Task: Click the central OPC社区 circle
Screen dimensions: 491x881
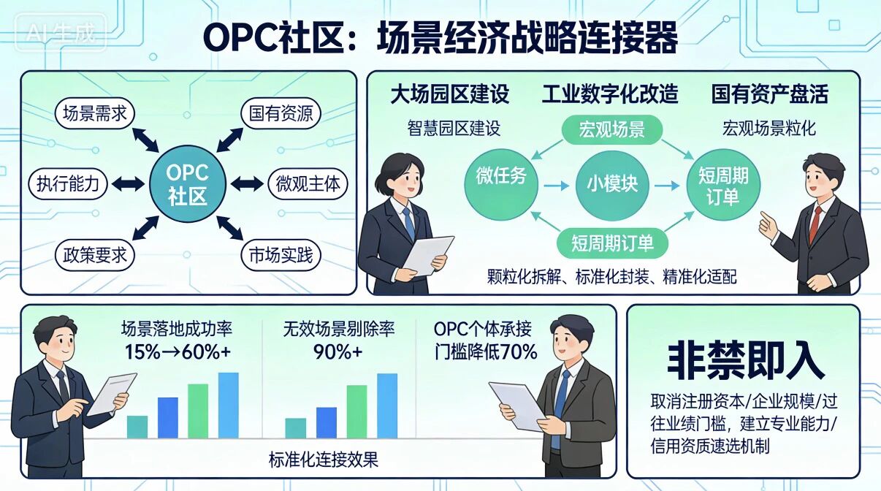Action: tap(188, 183)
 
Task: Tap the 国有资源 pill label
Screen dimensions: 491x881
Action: tap(281, 113)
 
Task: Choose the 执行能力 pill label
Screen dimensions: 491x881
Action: tap(67, 183)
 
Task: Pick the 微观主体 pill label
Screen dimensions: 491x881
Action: tap(308, 183)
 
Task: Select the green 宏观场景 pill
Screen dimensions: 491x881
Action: tap(611, 131)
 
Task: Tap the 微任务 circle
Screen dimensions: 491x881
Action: tap(501, 178)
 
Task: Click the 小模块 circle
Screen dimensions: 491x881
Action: tap(612, 182)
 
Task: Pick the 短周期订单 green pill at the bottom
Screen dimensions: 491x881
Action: tap(612, 241)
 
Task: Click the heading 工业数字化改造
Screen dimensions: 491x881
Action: tap(610, 94)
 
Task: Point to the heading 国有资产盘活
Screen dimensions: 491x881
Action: tap(769, 94)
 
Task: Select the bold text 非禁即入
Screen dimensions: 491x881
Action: tap(745, 360)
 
